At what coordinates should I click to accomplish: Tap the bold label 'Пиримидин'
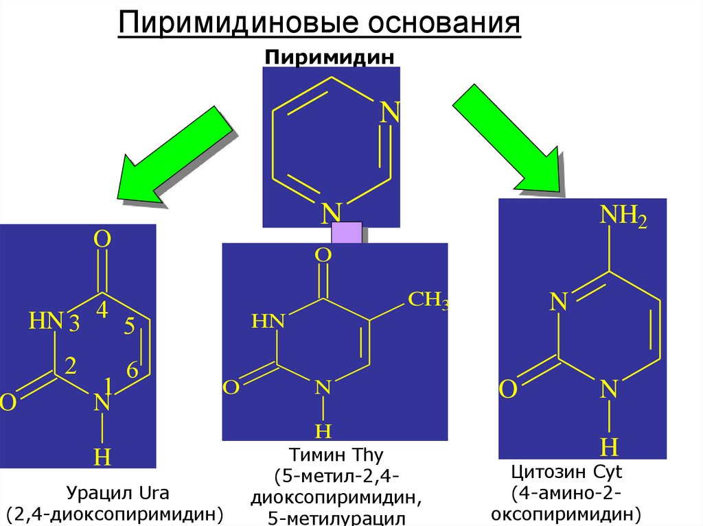pyautogui.click(x=330, y=57)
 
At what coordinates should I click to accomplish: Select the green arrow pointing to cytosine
pyautogui.click(x=507, y=136)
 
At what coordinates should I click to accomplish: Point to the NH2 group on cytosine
pyautogui.click(x=623, y=218)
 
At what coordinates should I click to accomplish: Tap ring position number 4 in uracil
pyautogui.click(x=102, y=311)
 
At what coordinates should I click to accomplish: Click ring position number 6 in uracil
pyautogui.click(x=132, y=370)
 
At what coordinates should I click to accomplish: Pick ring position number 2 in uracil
pyautogui.click(x=69, y=366)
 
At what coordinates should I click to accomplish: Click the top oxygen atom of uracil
pyautogui.click(x=102, y=239)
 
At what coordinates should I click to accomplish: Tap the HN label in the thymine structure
pyautogui.click(x=267, y=321)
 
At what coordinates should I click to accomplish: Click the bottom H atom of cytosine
pyautogui.click(x=609, y=447)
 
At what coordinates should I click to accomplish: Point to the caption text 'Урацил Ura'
pyautogui.click(x=117, y=493)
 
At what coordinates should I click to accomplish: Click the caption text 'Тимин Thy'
pyautogui.click(x=336, y=455)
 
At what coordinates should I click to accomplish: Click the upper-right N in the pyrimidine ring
pyautogui.click(x=390, y=113)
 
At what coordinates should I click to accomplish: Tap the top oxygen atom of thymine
pyautogui.click(x=323, y=256)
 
